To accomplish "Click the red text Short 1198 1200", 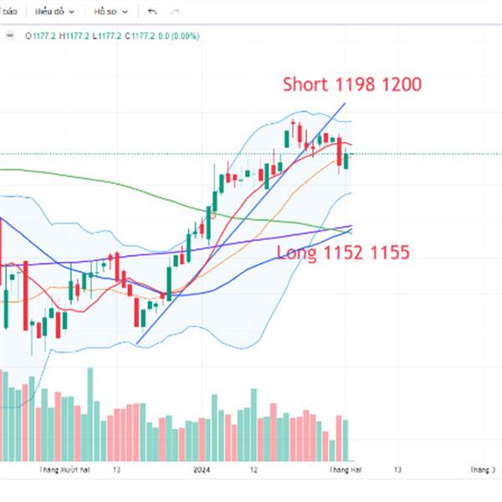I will coord(351,85).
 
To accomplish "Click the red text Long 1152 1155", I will coord(343,252).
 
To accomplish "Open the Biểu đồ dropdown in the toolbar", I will coord(54,12).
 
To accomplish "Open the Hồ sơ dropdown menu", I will coord(111,12).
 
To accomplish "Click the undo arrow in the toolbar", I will coord(151,12).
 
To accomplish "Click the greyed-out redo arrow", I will coord(175,12).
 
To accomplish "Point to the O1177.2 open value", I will coord(41,36).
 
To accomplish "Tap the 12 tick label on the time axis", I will coord(253,470).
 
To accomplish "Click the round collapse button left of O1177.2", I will coord(11,36).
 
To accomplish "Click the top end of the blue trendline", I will coord(345,103).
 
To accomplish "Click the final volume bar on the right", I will coord(346,439).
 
